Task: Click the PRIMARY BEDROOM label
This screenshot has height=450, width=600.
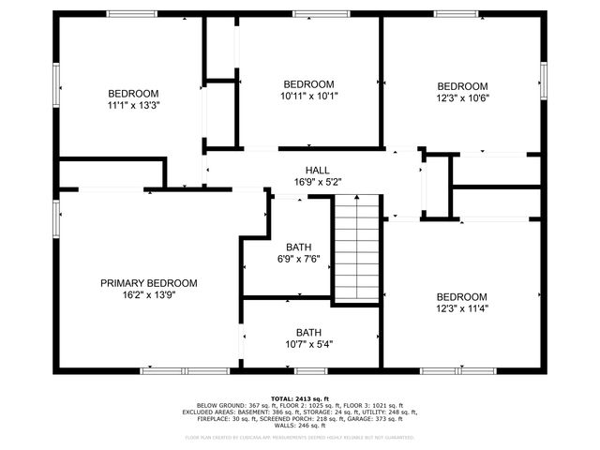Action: point(149,283)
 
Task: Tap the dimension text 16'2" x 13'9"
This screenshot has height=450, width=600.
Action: point(149,294)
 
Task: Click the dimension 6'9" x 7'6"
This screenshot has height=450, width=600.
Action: point(300,260)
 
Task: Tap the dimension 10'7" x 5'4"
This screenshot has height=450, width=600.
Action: point(308,344)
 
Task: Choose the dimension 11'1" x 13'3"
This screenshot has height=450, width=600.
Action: point(133,105)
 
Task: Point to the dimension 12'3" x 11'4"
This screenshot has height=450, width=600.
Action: point(461,308)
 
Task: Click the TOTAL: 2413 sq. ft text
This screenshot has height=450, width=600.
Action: point(300,397)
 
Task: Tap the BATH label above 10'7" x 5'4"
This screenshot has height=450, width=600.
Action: point(308,333)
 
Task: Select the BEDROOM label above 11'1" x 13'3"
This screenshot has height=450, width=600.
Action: point(133,94)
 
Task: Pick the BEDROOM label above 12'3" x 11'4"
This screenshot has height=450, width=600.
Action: point(461,297)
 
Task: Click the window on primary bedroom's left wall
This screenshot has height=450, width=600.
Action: point(55,217)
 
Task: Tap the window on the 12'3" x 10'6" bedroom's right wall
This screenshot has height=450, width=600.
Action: point(543,85)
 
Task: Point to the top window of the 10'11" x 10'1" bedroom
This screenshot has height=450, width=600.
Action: point(308,14)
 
